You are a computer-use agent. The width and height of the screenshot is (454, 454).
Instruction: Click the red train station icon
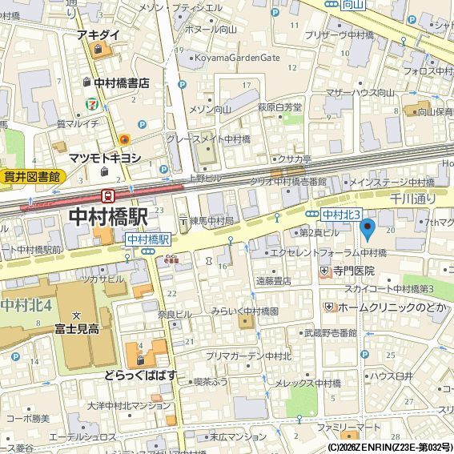pos(107,195)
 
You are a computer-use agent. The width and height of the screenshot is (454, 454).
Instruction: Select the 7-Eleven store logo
pos(94,103)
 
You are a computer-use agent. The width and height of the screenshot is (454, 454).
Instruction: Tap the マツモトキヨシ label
pos(105,158)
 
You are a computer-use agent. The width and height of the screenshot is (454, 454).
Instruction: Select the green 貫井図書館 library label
pos(31,177)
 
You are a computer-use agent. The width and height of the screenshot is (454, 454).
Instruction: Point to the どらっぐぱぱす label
pos(139,375)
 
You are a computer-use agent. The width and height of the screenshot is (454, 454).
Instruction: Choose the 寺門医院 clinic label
pos(354,271)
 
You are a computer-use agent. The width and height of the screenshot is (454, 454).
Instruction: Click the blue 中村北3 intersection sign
pos(342,215)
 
